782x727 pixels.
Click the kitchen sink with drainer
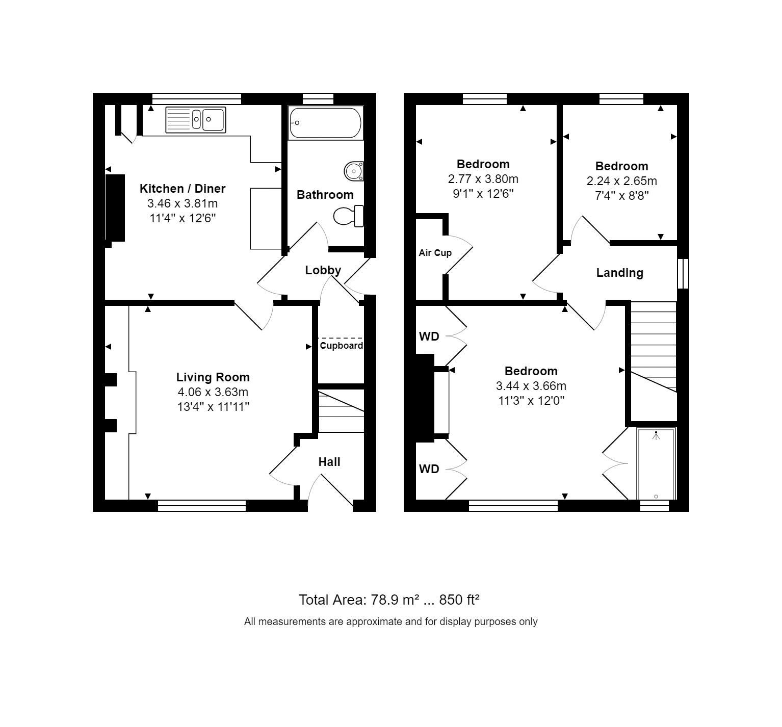click(x=196, y=120)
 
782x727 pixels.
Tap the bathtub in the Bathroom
click(x=325, y=122)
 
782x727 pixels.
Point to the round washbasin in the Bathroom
click(x=353, y=171)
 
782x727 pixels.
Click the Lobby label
click(x=323, y=270)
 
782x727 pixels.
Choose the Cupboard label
click(x=341, y=346)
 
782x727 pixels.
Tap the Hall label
click(x=329, y=462)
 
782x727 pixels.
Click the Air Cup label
click(x=435, y=253)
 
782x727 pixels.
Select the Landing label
click(x=619, y=273)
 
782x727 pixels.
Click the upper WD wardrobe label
click(x=429, y=336)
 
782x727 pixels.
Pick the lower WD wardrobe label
click(x=429, y=469)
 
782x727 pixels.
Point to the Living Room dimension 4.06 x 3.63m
click(x=213, y=392)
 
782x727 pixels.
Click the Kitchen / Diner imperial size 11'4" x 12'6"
click(x=182, y=218)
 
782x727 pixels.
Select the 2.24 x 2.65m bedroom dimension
click(x=621, y=181)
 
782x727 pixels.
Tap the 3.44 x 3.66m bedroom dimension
click(x=531, y=386)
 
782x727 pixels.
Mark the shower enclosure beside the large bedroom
click(x=656, y=464)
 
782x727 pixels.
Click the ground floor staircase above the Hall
click(x=341, y=410)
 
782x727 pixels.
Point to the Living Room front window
click(x=202, y=505)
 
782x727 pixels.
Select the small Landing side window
click(x=683, y=274)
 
